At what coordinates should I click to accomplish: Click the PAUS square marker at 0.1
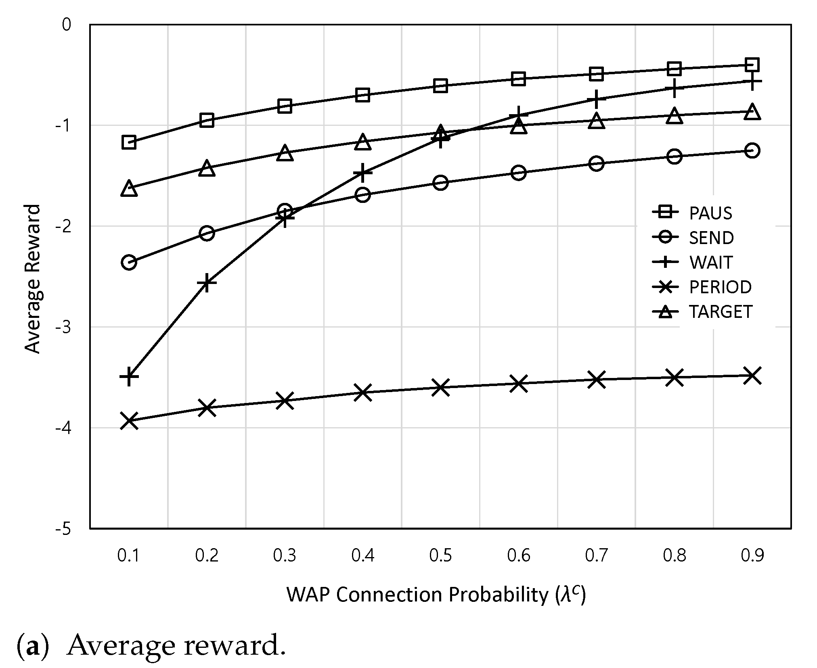pyautogui.click(x=128, y=142)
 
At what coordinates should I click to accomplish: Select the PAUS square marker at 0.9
pyautogui.click(x=752, y=65)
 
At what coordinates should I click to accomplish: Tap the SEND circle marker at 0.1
pyautogui.click(x=128, y=262)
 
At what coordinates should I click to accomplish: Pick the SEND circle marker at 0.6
pyautogui.click(x=518, y=173)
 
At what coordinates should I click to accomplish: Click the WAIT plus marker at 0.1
pyautogui.click(x=128, y=376)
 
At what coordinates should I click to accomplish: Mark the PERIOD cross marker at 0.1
pyautogui.click(x=128, y=420)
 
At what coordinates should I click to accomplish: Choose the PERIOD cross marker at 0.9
pyautogui.click(x=752, y=376)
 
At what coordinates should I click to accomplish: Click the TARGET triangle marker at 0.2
pyautogui.click(x=206, y=167)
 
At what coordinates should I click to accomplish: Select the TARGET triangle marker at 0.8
pyautogui.click(x=674, y=116)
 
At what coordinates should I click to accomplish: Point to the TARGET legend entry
pyautogui.click(x=702, y=311)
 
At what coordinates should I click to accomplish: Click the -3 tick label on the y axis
pyautogui.click(x=63, y=327)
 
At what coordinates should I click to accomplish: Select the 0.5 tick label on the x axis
pyautogui.click(x=440, y=556)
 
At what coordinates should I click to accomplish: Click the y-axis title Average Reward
pyautogui.click(x=33, y=279)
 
